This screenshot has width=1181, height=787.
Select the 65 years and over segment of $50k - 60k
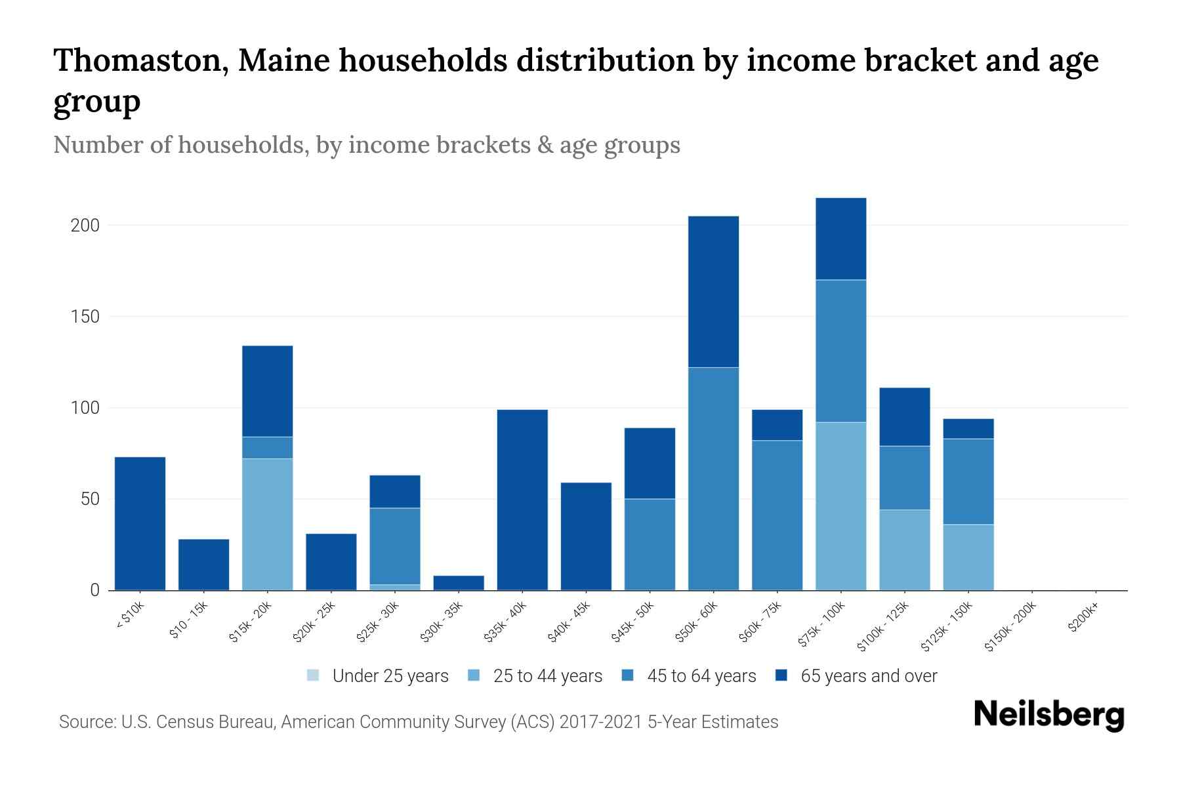pyautogui.click(x=713, y=291)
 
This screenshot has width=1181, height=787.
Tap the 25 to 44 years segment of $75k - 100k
pyautogui.click(x=840, y=506)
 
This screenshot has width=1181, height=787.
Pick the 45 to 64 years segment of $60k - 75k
pyautogui.click(x=777, y=515)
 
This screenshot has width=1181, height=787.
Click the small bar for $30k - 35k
pyautogui.click(x=459, y=582)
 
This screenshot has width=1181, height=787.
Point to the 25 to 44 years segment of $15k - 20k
pyautogui.click(x=267, y=524)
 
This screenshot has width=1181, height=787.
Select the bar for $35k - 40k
pyautogui.click(x=522, y=500)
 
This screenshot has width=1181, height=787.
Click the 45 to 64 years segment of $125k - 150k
pyautogui.click(x=968, y=481)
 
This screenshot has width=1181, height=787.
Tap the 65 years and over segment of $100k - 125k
pyautogui.click(x=904, y=416)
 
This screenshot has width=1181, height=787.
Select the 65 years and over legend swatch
pyautogui.click(x=781, y=676)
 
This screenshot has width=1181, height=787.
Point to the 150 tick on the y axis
pyautogui.click(x=85, y=317)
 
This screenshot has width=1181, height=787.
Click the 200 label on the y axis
pyautogui.click(x=85, y=226)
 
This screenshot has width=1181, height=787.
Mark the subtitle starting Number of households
pyautogui.click(x=366, y=145)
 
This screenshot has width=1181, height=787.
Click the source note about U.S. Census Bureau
pyautogui.click(x=418, y=722)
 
